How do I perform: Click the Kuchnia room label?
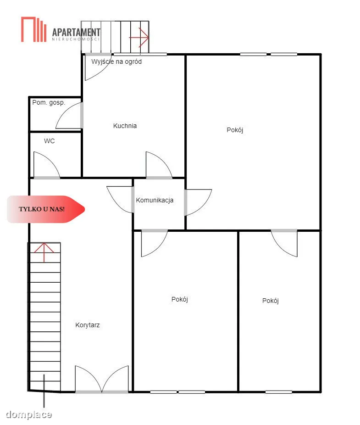coord(125,126)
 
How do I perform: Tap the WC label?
coord(50,141)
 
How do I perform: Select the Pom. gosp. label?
coord(49,103)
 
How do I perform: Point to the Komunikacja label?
coord(155,200)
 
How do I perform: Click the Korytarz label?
coord(88,325)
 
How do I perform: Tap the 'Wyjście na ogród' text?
coord(116,62)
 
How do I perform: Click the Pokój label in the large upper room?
coord(235,130)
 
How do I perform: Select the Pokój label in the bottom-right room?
coord(270,301)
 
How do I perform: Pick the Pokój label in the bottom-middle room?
coord(180,300)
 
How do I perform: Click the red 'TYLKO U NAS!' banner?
coord(46,209)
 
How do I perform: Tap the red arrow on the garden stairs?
coord(139,37)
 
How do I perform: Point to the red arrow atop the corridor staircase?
coord(44,252)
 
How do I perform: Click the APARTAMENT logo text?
coord(76,33)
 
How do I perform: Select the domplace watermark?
coord(29,414)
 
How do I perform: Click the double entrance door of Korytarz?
coord(102,380)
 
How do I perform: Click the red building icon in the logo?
coord(34,29)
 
